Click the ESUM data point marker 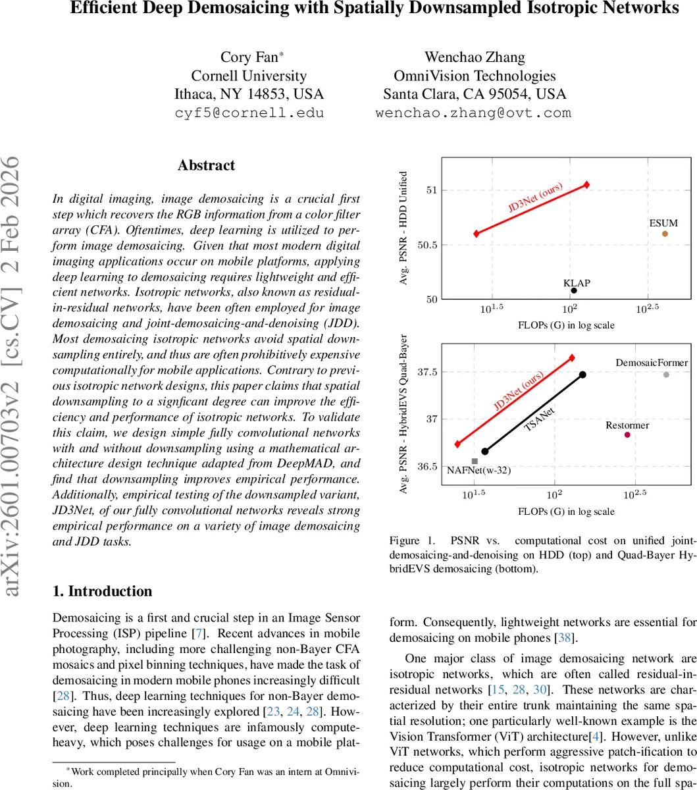665,234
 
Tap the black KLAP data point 574,290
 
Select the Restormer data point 627,434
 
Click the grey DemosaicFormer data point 666,375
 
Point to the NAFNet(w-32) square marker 475,461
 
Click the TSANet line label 538,419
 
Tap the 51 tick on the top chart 430,190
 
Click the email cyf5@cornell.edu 249,113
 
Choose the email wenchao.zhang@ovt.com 473,113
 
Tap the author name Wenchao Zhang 474,57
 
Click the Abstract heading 206,165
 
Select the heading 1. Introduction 102,591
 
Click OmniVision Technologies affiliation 474,76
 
